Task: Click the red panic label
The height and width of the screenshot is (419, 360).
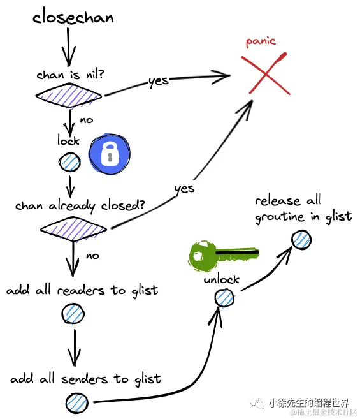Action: coord(261,41)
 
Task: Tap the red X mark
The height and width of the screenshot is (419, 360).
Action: coord(265,73)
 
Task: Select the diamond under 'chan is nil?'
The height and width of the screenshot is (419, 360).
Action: coord(69,96)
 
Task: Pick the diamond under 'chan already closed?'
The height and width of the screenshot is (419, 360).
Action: coord(73,229)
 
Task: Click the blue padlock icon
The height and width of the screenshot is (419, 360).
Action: coord(110,153)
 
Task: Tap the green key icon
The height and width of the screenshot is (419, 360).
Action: coord(223,256)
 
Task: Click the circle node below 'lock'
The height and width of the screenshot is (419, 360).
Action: coord(69,162)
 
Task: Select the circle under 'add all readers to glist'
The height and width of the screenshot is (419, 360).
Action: coord(73,314)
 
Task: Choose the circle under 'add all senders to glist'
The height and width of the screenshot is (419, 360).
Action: coord(76,402)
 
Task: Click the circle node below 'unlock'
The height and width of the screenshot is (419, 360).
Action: coord(224,298)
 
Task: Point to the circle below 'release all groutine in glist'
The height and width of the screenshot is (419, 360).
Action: coord(301,240)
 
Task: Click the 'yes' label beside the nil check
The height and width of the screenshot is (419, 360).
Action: coord(159,81)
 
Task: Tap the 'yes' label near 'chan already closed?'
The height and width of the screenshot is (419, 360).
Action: coord(184,189)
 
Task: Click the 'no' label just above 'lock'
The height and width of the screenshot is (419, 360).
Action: coord(87,121)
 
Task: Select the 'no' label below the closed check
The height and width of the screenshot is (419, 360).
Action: coord(92,256)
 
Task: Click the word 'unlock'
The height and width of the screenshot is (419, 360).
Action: coord(221,279)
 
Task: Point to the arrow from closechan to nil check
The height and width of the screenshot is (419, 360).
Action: coord(68,47)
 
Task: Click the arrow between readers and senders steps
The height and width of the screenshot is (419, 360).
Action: coord(75,348)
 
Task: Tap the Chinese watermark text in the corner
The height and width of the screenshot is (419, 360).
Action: coord(309,402)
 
